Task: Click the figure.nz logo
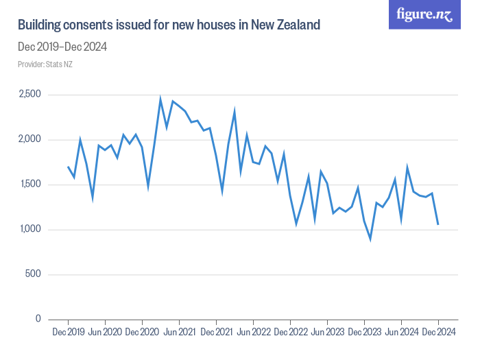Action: click(x=424, y=14)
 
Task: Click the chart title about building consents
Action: click(x=169, y=25)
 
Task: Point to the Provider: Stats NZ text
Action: click(x=45, y=64)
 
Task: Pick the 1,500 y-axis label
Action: click(x=29, y=184)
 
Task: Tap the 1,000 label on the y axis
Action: click(x=29, y=230)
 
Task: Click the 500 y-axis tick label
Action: click(x=34, y=274)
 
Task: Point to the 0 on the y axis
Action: click(x=38, y=320)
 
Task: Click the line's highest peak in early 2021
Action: click(x=160, y=99)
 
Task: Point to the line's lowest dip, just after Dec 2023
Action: click(x=370, y=239)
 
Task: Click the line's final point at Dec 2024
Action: click(x=437, y=224)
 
